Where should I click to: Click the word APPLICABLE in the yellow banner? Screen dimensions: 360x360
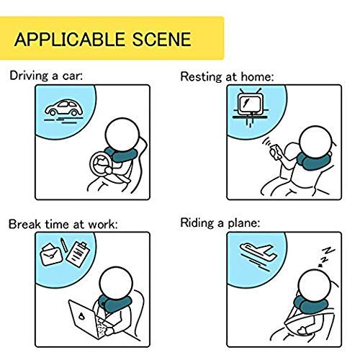point(70,39)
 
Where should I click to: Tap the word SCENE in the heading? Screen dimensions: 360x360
point(162,39)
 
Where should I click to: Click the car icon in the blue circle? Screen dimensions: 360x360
point(64,108)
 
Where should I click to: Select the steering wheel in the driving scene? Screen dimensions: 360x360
point(102,163)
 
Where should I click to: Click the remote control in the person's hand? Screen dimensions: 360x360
point(275,151)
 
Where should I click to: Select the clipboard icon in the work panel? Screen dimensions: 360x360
point(78,255)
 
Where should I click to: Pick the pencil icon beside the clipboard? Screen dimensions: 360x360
point(63,245)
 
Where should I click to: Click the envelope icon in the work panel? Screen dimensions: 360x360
point(51,255)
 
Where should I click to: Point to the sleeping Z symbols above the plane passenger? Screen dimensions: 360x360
point(326,256)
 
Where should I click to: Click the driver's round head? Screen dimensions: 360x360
point(122,135)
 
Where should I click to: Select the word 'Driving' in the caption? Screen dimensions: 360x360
point(29,76)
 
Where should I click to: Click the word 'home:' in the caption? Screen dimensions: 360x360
point(257,77)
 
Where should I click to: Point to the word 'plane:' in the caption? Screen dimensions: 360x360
point(244,223)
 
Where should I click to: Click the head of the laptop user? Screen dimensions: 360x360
point(116,284)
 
